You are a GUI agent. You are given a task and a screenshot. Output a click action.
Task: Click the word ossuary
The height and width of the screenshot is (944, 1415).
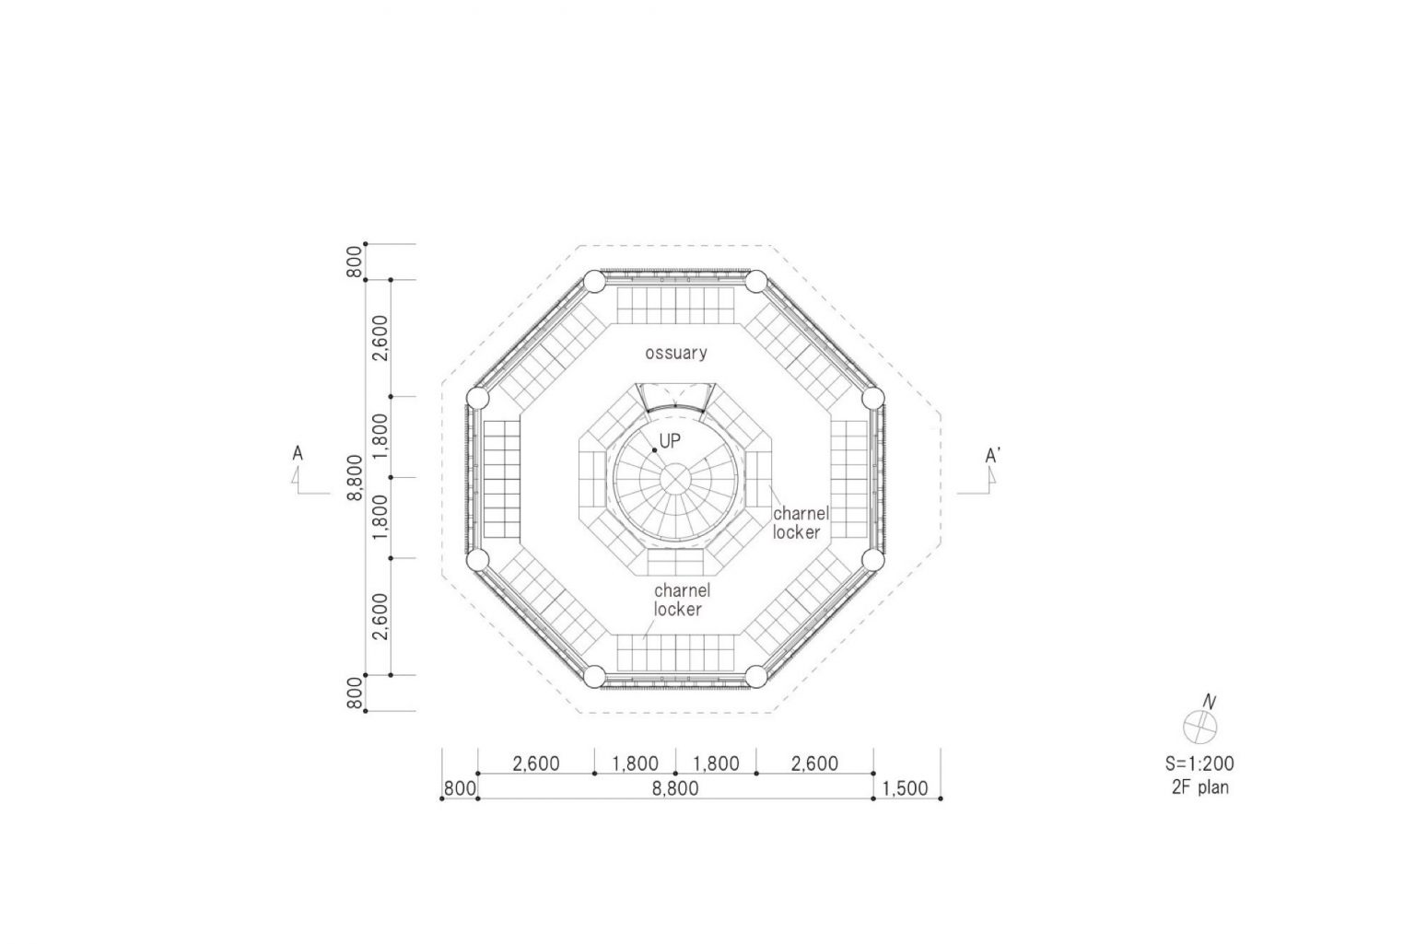tap(676, 353)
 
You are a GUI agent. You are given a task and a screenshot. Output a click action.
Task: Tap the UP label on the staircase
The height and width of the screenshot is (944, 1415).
tap(671, 441)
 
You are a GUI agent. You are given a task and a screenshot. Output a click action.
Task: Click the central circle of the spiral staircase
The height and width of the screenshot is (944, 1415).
tap(675, 481)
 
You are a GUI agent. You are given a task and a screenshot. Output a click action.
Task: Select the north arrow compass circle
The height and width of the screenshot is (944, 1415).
tap(1199, 727)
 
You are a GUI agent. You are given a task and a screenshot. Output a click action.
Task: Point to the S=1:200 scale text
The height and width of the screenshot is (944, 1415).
tap(1199, 764)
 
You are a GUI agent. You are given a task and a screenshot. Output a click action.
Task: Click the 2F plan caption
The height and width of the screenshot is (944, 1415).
tap(1200, 787)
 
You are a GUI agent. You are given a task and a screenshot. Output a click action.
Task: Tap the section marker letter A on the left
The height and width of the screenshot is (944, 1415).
tap(298, 453)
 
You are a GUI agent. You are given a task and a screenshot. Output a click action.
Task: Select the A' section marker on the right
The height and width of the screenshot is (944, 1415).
tap(992, 455)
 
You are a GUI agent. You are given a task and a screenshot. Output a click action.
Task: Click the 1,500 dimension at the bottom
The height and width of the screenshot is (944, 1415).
tap(905, 788)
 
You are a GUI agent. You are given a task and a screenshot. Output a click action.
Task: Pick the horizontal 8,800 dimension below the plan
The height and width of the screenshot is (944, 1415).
tap(674, 788)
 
